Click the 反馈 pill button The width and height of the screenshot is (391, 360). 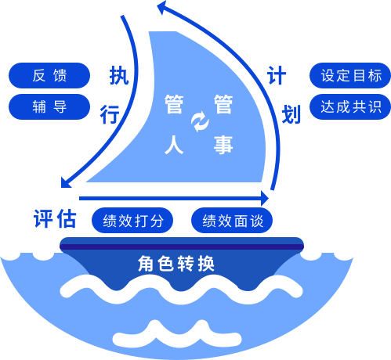pyautogui.click(x=49, y=75)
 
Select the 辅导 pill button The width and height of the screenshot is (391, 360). pyautogui.click(x=49, y=106)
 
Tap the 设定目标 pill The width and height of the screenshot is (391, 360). pyautogui.click(x=350, y=75)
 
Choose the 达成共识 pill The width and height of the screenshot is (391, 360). pyautogui.click(x=350, y=106)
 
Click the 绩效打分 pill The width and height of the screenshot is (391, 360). pyautogui.click(x=132, y=220)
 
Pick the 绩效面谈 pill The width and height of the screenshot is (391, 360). pyautogui.click(x=232, y=220)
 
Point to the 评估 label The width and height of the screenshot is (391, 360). pyautogui.click(x=55, y=218)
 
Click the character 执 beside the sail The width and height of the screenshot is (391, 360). pyautogui.click(x=119, y=75)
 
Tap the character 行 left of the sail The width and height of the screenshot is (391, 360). pyautogui.click(x=110, y=114)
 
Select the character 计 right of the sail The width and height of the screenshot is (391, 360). pyautogui.click(x=277, y=75)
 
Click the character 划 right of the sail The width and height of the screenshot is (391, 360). pyautogui.click(x=291, y=114)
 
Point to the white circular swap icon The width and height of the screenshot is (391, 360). pyautogui.click(x=200, y=121)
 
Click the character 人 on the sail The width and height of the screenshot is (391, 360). pyautogui.click(x=174, y=145)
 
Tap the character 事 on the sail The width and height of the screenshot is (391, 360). pyautogui.click(x=223, y=145)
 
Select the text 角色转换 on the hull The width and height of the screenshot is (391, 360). pyautogui.click(x=176, y=264)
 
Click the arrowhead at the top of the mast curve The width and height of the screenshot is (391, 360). pyautogui.click(x=162, y=7)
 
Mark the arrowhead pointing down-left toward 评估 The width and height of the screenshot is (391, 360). pyautogui.click(x=65, y=182)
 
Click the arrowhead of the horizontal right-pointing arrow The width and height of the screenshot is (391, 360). pyautogui.click(x=265, y=198)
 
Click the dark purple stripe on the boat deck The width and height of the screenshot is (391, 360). pyautogui.click(x=182, y=247)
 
